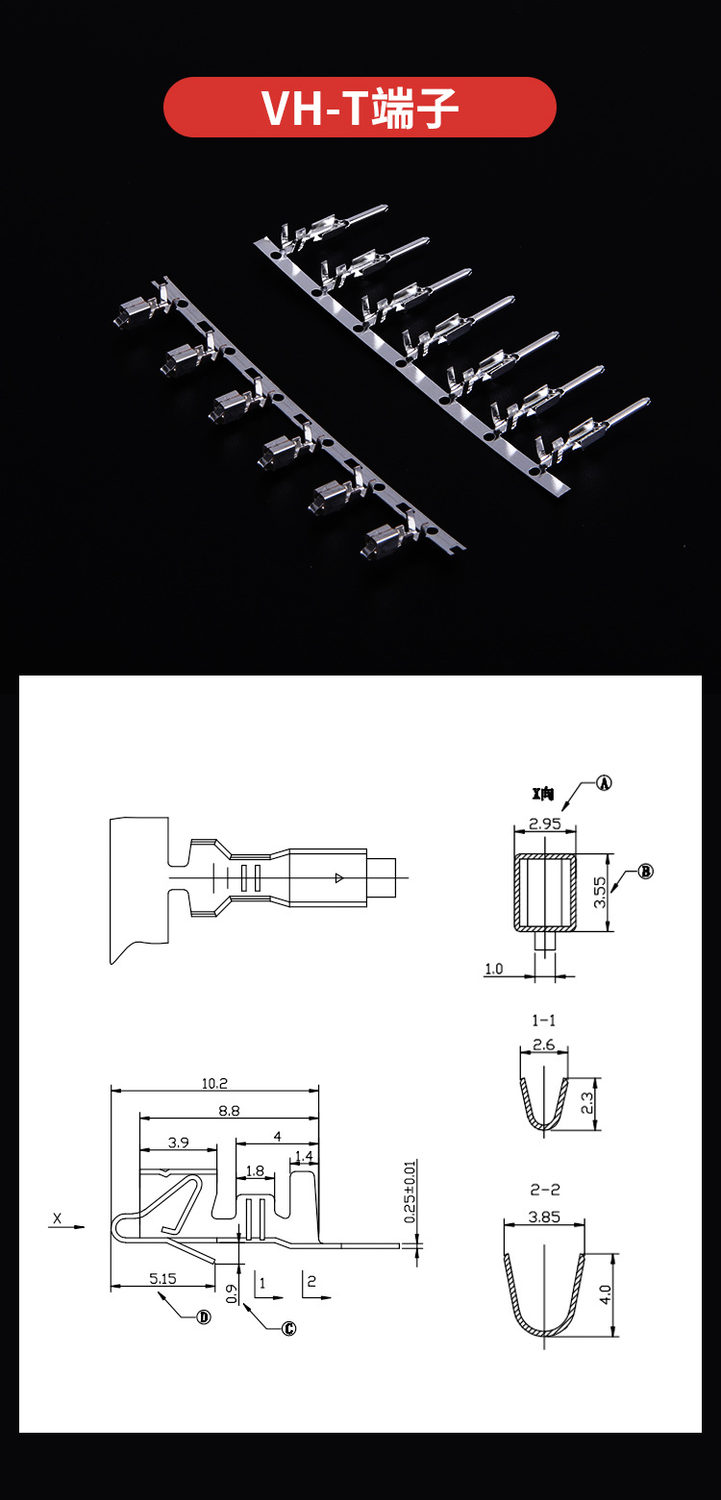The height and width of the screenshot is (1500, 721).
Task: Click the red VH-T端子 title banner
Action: point(360,107)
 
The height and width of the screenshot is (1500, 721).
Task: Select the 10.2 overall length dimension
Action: point(214,1082)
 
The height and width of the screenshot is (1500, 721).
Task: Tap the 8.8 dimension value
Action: point(229,1110)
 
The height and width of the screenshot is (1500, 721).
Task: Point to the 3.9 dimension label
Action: point(178,1142)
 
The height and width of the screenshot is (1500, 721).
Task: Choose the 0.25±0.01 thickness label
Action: point(410,1193)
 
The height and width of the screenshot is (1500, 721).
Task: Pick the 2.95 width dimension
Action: point(544,824)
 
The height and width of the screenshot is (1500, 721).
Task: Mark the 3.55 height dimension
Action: point(599,894)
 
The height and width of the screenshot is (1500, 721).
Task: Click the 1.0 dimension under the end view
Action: point(493,969)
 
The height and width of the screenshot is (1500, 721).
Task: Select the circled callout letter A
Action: point(604,782)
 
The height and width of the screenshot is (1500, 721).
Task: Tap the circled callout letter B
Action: point(646,872)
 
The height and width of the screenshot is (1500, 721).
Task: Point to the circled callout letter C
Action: point(288,1329)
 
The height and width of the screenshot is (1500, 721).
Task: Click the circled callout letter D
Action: point(204,1316)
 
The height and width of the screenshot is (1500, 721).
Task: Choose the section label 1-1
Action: point(543,1020)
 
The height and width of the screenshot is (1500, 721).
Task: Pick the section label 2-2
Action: point(545,1189)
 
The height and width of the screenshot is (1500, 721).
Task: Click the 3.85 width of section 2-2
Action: point(544,1216)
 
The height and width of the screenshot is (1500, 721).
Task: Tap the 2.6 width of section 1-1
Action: point(543,1045)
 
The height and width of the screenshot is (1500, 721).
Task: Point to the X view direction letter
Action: point(57,1219)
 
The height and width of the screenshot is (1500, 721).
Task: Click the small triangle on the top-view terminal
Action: point(337,877)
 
